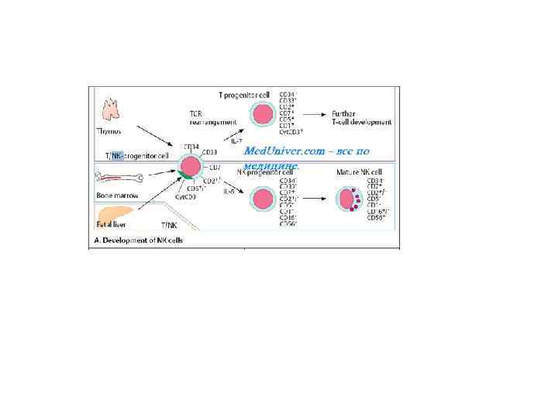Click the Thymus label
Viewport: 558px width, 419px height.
coord(108,131)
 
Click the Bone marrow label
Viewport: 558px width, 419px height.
coord(113,196)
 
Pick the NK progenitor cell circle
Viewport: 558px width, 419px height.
coord(262,200)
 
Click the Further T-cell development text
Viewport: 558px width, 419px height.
coord(362,118)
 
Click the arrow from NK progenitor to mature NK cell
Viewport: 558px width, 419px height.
coord(313,199)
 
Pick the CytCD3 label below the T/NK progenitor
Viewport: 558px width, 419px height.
coord(184,197)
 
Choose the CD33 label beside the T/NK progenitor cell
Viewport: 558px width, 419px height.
coord(209,152)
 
